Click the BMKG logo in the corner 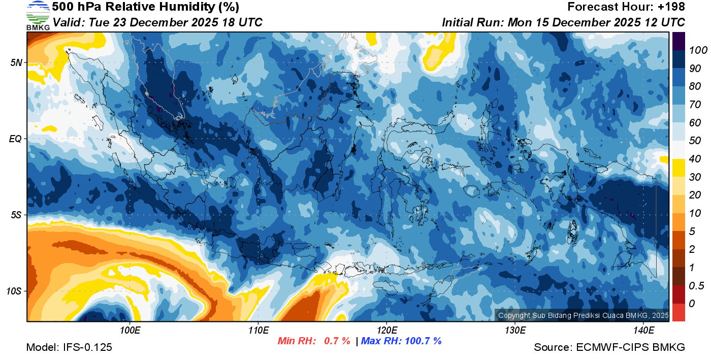pyautogui.click(x=38, y=15)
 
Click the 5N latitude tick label pyautogui.click(x=16, y=63)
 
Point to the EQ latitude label pyautogui.click(x=15, y=139)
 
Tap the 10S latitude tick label pyautogui.click(x=14, y=291)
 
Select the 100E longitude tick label pyautogui.click(x=130, y=331)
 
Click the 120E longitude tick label pyautogui.click(x=386, y=331)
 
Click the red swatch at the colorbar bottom pyautogui.click(x=678, y=312)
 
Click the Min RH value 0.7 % pyautogui.click(x=337, y=341)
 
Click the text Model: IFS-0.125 pyautogui.click(x=69, y=347)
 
